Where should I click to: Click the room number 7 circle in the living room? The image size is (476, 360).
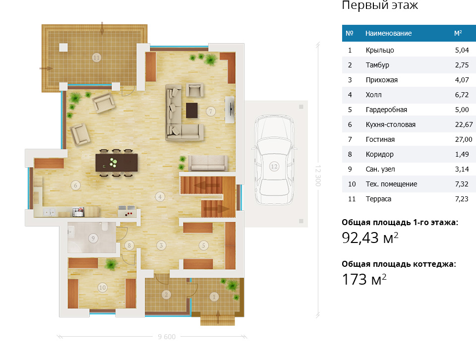coord(211,112)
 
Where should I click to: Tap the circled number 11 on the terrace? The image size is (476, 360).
coord(96,58)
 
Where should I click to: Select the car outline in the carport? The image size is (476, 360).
coord(274,160)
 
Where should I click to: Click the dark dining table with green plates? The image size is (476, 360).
coord(117,163)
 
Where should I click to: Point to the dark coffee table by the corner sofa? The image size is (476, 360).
coord(192,110)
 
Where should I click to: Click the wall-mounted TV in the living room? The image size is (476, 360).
coord(230,110)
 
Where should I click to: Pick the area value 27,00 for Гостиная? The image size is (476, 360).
coord(464,139)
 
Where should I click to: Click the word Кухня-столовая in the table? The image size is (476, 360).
coord(390,124)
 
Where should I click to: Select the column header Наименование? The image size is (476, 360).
coord(388,33)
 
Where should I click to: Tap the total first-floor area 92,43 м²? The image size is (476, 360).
coord(370,238)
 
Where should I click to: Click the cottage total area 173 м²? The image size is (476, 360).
coord(364,279)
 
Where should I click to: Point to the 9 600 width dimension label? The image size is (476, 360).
coord(167,337)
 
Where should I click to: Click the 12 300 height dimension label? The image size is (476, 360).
coord(318,176)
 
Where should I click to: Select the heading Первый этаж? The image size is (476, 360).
coord(380,5)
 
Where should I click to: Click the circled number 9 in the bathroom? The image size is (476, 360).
coord(93,239)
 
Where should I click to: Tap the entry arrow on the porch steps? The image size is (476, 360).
coord(218,316)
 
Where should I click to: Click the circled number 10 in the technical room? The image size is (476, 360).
coord(102,287)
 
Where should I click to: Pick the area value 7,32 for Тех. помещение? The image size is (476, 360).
coord(462,184)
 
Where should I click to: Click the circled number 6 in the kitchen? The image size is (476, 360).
coord(75,185)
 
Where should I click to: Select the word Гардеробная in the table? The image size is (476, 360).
coord(386,110)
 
